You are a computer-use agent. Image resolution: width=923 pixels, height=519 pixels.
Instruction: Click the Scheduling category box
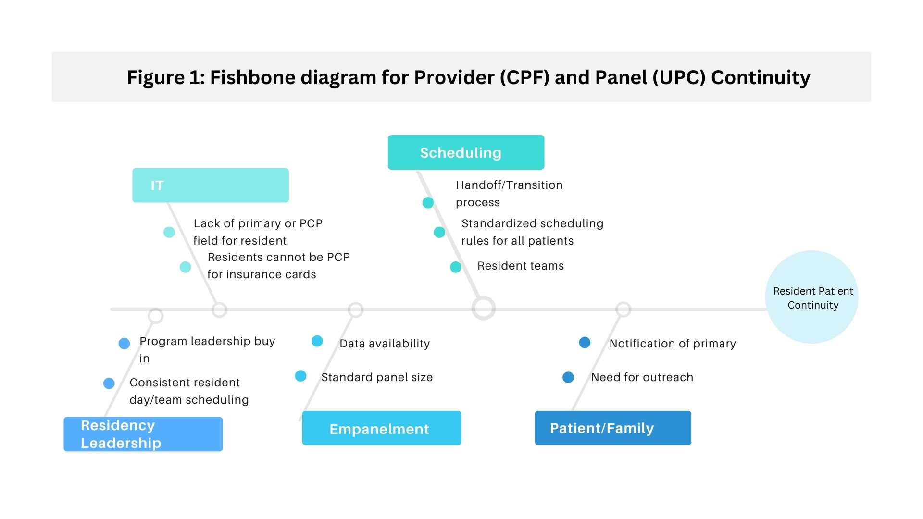(466, 152)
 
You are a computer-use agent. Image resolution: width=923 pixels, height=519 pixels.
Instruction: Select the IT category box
(211, 185)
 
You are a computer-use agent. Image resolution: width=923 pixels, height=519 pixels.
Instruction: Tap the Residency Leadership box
(143, 434)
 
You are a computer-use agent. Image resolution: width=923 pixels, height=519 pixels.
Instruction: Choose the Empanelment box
(382, 428)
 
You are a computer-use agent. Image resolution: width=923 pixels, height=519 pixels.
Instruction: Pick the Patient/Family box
(613, 428)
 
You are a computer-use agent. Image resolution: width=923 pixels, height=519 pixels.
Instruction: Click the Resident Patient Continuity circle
(812, 297)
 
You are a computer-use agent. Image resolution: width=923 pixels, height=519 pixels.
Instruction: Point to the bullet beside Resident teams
(456, 267)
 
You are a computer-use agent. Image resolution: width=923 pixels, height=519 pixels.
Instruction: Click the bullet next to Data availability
(317, 341)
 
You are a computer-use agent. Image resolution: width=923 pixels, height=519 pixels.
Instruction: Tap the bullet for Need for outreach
(568, 377)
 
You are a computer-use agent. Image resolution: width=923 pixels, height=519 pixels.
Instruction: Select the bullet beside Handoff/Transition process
(428, 203)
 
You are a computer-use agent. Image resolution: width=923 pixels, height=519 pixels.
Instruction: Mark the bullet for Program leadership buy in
(124, 344)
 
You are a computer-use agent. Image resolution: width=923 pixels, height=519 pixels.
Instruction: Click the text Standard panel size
(377, 377)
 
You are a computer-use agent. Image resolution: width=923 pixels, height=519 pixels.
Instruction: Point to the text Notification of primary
(673, 344)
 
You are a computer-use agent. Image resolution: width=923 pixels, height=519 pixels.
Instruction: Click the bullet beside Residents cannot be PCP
(185, 267)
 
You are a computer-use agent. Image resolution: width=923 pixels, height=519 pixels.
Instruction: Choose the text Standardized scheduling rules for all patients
(532, 232)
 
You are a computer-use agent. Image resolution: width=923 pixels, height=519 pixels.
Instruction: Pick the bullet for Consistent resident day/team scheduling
(109, 383)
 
